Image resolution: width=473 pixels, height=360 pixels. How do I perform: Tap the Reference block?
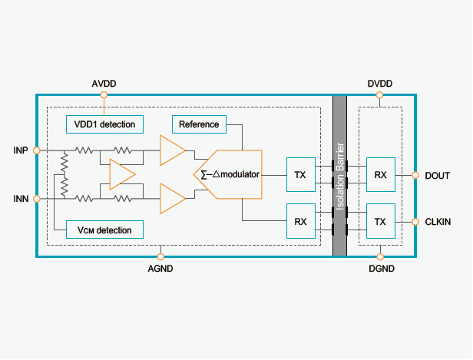click(x=199, y=124)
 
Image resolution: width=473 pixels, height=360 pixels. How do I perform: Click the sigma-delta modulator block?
click(x=229, y=174)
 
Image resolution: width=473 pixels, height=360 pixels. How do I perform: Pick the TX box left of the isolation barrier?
click(x=300, y=176)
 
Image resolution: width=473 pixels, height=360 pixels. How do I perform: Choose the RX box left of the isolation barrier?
click(x=300, y=221)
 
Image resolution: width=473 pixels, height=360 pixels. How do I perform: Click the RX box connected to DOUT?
click(x=380, y=176)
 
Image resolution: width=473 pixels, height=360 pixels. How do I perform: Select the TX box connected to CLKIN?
click(x=380, y=221)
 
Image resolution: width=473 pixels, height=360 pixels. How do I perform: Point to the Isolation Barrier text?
click(x=340, y=175)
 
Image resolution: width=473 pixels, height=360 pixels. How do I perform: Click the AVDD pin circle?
click(x=104, y=95)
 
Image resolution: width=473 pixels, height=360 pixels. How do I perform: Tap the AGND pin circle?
click(x=160, y=256)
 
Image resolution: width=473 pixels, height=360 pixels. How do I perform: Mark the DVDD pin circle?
click(x=380, y=95)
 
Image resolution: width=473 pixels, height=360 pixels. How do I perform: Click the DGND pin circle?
click(x=380, y=256)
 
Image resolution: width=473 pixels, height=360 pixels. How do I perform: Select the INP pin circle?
click(x=37, y=150)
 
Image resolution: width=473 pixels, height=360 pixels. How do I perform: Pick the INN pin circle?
click(x=37, y=199)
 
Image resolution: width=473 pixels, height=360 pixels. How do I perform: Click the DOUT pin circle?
click(x=415, y=176)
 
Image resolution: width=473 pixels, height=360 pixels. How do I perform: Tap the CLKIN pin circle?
click(x=415, y=221)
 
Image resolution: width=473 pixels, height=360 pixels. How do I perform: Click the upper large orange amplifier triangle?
click(x=171, y=150)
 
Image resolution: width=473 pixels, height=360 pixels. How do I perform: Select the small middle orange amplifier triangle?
click(x=121, y=174)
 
